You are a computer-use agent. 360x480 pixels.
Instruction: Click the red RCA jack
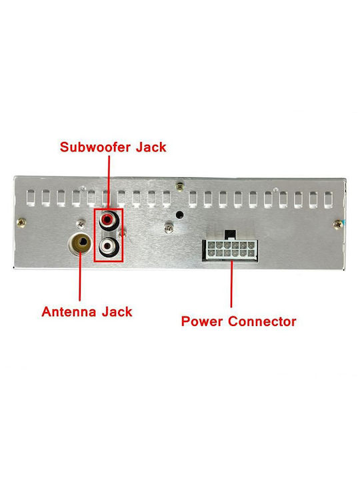tap(107, 219)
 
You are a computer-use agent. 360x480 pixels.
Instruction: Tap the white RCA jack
tap(107, 246)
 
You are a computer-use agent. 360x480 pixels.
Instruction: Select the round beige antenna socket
tap(80, 243)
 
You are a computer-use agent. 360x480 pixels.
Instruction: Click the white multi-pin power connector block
tap(229, 249)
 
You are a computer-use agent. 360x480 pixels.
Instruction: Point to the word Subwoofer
tap(95, 147)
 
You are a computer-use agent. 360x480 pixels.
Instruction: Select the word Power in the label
tap(202, 321)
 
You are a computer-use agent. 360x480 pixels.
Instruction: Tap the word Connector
tap(263, 321)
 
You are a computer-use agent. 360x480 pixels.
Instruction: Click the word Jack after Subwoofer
tap(151, 147)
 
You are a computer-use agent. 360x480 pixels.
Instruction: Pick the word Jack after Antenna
tap(117, 312)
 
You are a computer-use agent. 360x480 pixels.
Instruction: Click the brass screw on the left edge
tap(21, 223)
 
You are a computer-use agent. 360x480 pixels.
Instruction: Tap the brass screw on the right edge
tap(337, 225)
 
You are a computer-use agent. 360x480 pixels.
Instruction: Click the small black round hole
tap(180, 215)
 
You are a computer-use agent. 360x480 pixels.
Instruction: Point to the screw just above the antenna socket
tap(81, 224)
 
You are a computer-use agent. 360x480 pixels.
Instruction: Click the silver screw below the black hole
tap(169, 228)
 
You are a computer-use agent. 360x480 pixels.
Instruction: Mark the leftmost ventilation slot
tap(31, 197)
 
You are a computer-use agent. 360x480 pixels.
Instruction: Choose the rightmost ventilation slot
tap(328, 199)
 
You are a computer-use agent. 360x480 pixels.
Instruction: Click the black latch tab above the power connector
tap(230, 235)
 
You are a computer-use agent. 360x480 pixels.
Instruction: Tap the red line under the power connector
tap(231, 284)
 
